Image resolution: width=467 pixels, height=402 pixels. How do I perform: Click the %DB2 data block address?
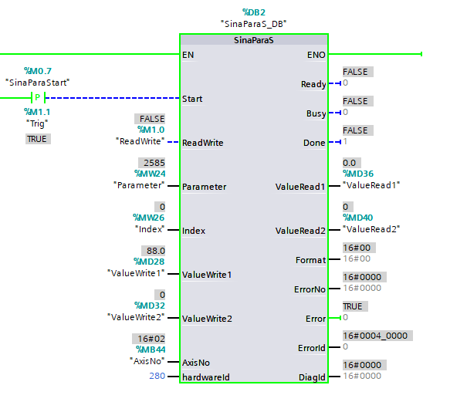[254, 12]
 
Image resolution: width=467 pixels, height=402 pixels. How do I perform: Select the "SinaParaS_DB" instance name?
[254, 24]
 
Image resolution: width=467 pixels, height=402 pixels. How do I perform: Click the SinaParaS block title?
[253, 40]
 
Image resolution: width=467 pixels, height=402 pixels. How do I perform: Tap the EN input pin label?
[188, 55]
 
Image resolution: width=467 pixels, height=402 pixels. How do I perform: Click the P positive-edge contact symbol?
[36, 98]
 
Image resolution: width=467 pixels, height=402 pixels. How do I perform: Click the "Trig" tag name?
[36, 122]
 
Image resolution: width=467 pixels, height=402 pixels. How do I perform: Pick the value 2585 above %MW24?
[154, 163]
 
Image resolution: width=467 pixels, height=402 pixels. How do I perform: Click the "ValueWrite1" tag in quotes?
[137, 274]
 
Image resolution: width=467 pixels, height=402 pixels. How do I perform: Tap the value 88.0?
[154, 251]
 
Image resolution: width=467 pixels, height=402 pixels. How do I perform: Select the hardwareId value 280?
[157, 377]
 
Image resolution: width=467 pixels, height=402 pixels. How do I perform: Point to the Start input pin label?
[193, 99]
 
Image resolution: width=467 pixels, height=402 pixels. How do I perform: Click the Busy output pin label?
[316, 113]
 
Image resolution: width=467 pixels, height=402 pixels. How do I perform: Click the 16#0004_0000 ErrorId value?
[376, 336]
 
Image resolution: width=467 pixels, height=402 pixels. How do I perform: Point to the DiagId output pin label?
[312, 377]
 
